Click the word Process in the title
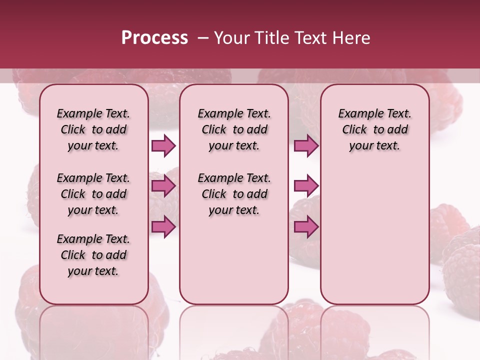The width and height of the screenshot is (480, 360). click(x=154, y=38)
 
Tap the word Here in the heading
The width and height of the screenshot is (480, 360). click(x=351, y=38)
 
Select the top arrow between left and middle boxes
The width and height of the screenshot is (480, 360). click(x=163, y=145)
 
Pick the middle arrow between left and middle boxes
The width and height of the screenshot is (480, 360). click(x=163, y=186)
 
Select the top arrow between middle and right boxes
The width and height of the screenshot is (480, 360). click(x=306, y=145)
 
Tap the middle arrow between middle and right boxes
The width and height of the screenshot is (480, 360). click(x=306, y=186)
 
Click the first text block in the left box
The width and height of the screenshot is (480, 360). click(x=93, y=129)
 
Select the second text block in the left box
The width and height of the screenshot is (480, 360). click(x=93, y=194)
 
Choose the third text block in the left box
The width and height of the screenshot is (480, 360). click(x=93, y=255)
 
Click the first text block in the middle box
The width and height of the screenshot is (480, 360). click(x=234, y=129)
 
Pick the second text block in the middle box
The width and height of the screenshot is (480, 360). click(x=234, y=194)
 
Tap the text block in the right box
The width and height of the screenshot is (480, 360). click(x=374, y=129)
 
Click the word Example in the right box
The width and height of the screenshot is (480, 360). click(x=358, y=114)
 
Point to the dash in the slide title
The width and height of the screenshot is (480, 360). click(x=203, y=38)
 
